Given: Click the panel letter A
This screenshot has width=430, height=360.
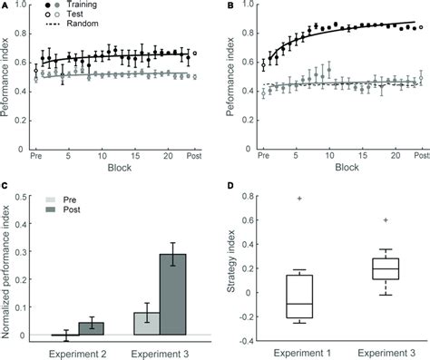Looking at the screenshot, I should [6, 6].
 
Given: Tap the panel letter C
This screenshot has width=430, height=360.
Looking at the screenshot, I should [6, 186].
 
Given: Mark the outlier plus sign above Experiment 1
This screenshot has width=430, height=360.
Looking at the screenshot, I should [301, 198].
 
